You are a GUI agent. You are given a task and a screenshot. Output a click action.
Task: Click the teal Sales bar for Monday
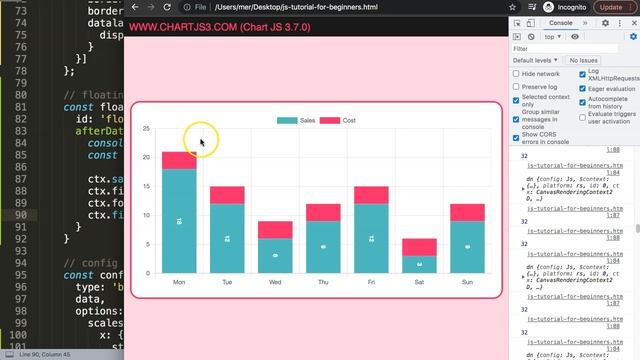(179, 220)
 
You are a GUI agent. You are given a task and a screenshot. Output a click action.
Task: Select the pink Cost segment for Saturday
(420, 247)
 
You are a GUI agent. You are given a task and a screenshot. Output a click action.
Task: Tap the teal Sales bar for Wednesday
(275, 255)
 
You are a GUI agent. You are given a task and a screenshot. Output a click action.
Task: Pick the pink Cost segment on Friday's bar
(371, 195)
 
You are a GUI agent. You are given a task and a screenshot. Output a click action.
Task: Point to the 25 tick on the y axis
(146, 129)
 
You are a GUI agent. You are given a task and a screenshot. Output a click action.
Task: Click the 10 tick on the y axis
(146, 215)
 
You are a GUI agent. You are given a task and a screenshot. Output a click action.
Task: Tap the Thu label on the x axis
(323, 283)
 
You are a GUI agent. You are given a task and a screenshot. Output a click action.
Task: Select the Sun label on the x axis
(468, 283)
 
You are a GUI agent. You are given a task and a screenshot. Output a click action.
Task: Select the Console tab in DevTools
(561, 22)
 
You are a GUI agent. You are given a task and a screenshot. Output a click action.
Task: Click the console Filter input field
(570, 48)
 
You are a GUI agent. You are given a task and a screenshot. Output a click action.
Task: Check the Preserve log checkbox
(516, 87)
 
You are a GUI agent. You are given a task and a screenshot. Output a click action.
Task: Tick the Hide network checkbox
(516, 74)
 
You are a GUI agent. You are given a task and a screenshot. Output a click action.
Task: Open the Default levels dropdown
(538, 61)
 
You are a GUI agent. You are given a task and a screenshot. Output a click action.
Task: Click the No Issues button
(585, 61)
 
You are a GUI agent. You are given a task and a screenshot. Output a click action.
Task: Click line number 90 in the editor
(20, 215)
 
